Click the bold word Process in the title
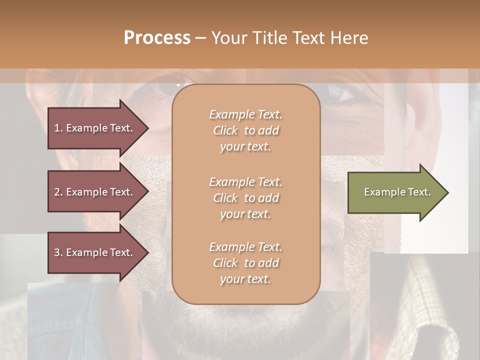click(x=157, y=38)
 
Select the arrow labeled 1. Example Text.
click(x=95, y=128)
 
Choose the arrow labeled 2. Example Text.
click(x=95, y=192)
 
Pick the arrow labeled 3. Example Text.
click(x=95, y=252)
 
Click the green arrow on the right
click(x=395, y=192)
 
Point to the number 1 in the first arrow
click(x=57, y=128)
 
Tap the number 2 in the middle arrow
click(x=57, y=192)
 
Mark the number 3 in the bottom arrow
click(x=57, y=252)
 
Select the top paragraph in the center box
click(x=245, y=130)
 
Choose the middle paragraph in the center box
click(x=245, y=198)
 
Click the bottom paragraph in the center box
click(x=245, y=263)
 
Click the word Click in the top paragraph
click(x=225, y=130)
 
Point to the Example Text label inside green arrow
click(x=397, y=192)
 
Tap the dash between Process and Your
click(x=200, y=38)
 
